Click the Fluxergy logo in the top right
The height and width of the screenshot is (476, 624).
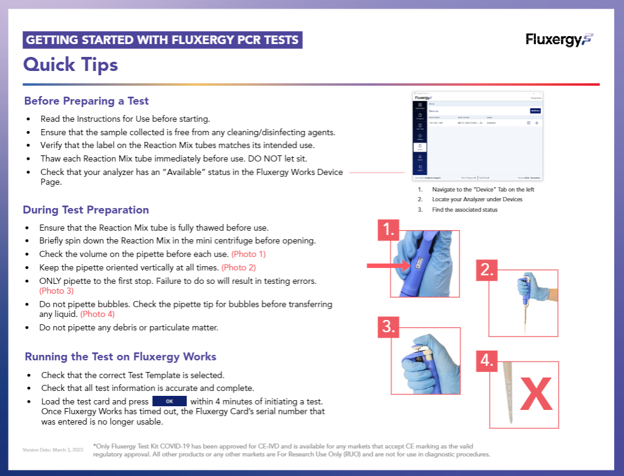pyautogui.click(x=559, y=40)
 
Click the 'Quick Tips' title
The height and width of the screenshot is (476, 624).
pyautogui.click(x=70, y=64)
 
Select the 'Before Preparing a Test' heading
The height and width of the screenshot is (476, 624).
pyautogui.click(x=86, y=101)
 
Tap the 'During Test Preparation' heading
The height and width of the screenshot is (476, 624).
pyautogui.click(x=86, y=210)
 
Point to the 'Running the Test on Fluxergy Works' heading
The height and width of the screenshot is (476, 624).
pyautogui.click(x=121, y=357)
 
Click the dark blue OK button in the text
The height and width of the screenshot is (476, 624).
pyautogui.click(x=169, y=401)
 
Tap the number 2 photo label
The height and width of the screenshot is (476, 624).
pyautogui.click(x=487, y=270)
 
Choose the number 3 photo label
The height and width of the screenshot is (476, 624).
pyautogui.click(x=387, y=326)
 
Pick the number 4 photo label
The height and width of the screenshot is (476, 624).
pyautogui.click(x=487, y=360)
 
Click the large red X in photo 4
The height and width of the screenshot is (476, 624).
pyautogui.click(x=536, y=395)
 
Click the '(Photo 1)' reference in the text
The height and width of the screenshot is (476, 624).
pyautogui.click(x=248, y=254)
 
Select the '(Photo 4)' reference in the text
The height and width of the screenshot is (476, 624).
pyautogui.click(x=97, y=314)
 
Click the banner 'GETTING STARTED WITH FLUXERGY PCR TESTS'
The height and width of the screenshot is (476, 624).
pyautogui.click(x=163, y=40)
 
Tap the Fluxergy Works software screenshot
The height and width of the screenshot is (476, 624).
pyautogui.click(x=478, y=136)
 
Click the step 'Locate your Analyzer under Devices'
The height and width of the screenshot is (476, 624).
pyautogui.click(x=477, y=199)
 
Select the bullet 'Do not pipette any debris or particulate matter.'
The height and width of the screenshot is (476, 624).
pyautogui.click(x=128, y=327)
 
